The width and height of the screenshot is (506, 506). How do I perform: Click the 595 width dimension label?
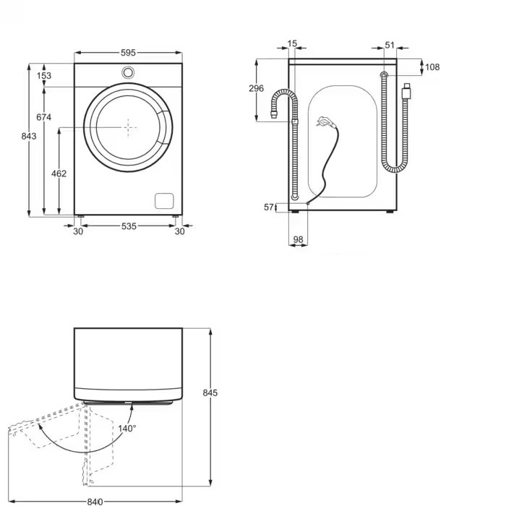(128, 53)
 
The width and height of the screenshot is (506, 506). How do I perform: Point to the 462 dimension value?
(59, 173)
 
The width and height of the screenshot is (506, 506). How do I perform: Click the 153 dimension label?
(44, 75)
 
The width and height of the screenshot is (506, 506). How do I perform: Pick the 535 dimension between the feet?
(128, 226)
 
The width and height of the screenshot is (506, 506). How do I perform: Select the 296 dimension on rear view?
(256, 88)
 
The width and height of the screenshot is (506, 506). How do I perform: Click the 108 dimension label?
(432, 67)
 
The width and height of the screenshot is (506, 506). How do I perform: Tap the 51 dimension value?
(390, 45)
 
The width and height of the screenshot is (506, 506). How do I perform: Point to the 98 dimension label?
(297, 239)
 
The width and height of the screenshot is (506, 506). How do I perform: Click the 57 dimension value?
(269, 207)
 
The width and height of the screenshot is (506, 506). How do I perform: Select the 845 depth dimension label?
(210, 393)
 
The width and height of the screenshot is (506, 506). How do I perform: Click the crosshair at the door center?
(129, 127)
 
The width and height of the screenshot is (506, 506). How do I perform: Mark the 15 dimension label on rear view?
(292, 44)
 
